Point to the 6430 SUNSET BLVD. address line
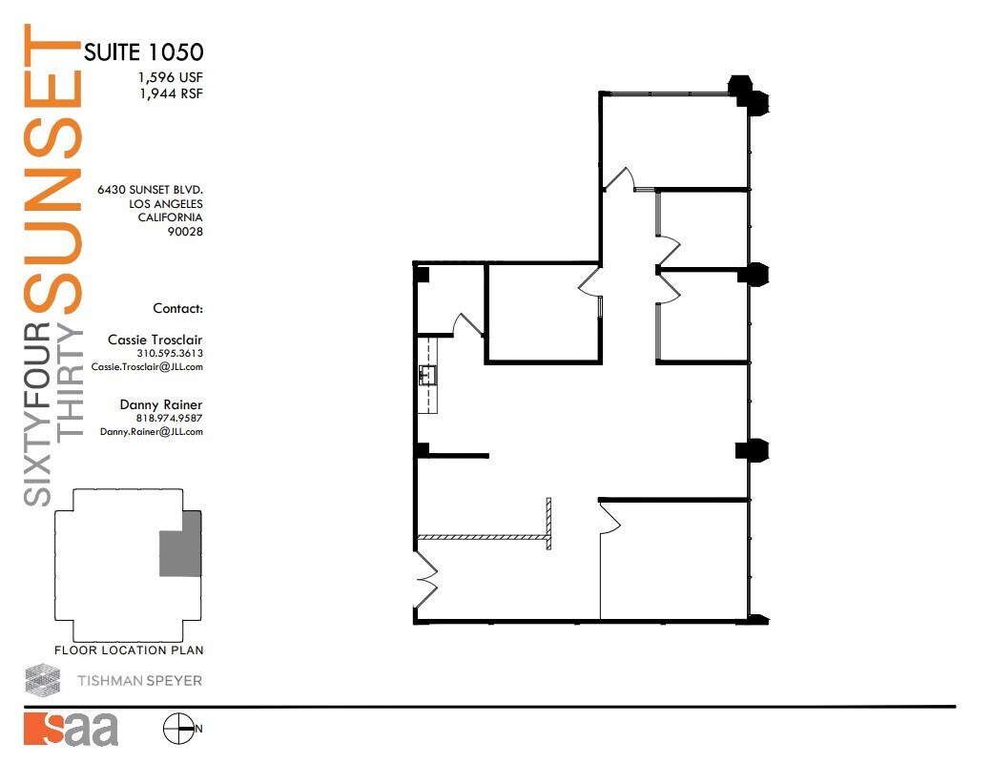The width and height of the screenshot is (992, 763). [150, 190]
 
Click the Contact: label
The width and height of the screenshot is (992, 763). [177, 308]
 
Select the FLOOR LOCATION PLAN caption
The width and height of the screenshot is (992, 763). [129, 650]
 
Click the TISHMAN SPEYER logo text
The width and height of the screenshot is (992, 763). [139, 681]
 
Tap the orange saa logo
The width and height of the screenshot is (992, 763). [71, 729]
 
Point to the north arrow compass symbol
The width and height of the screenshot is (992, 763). [178, 730]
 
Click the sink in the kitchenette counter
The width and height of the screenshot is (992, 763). [425, 375]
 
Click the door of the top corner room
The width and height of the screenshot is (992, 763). [621, 178]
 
